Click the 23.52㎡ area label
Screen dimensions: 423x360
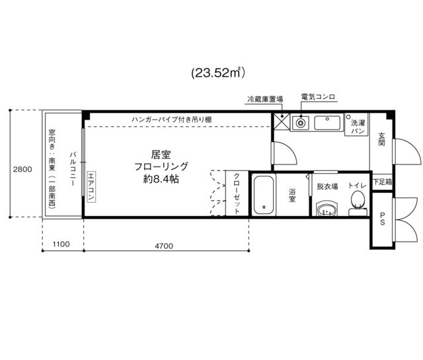(218, 73)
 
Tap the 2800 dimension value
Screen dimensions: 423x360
(22, 169)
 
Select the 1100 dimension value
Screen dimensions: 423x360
(61, 244)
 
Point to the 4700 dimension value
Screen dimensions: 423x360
(164, 246)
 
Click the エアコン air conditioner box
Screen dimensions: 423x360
(91, 187)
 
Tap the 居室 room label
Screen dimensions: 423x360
(161, 155)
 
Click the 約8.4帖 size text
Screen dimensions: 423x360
(161, 179)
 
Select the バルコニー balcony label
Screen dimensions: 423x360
(73, 169)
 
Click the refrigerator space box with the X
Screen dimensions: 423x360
(282, 122)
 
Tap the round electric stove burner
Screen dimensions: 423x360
(300, 124)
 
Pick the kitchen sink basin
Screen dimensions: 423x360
(327, 123)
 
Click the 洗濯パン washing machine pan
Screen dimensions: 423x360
(357, 124)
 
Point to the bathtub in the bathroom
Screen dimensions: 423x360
(264, 195)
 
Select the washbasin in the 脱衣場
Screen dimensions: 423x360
(327, 209)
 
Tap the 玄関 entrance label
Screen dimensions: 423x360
(381, 139)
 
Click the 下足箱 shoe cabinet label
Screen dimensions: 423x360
(383, 182)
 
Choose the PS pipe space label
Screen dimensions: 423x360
(382, 219)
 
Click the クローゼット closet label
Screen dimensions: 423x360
(237, 194)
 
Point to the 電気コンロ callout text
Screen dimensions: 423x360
(318, 96)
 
